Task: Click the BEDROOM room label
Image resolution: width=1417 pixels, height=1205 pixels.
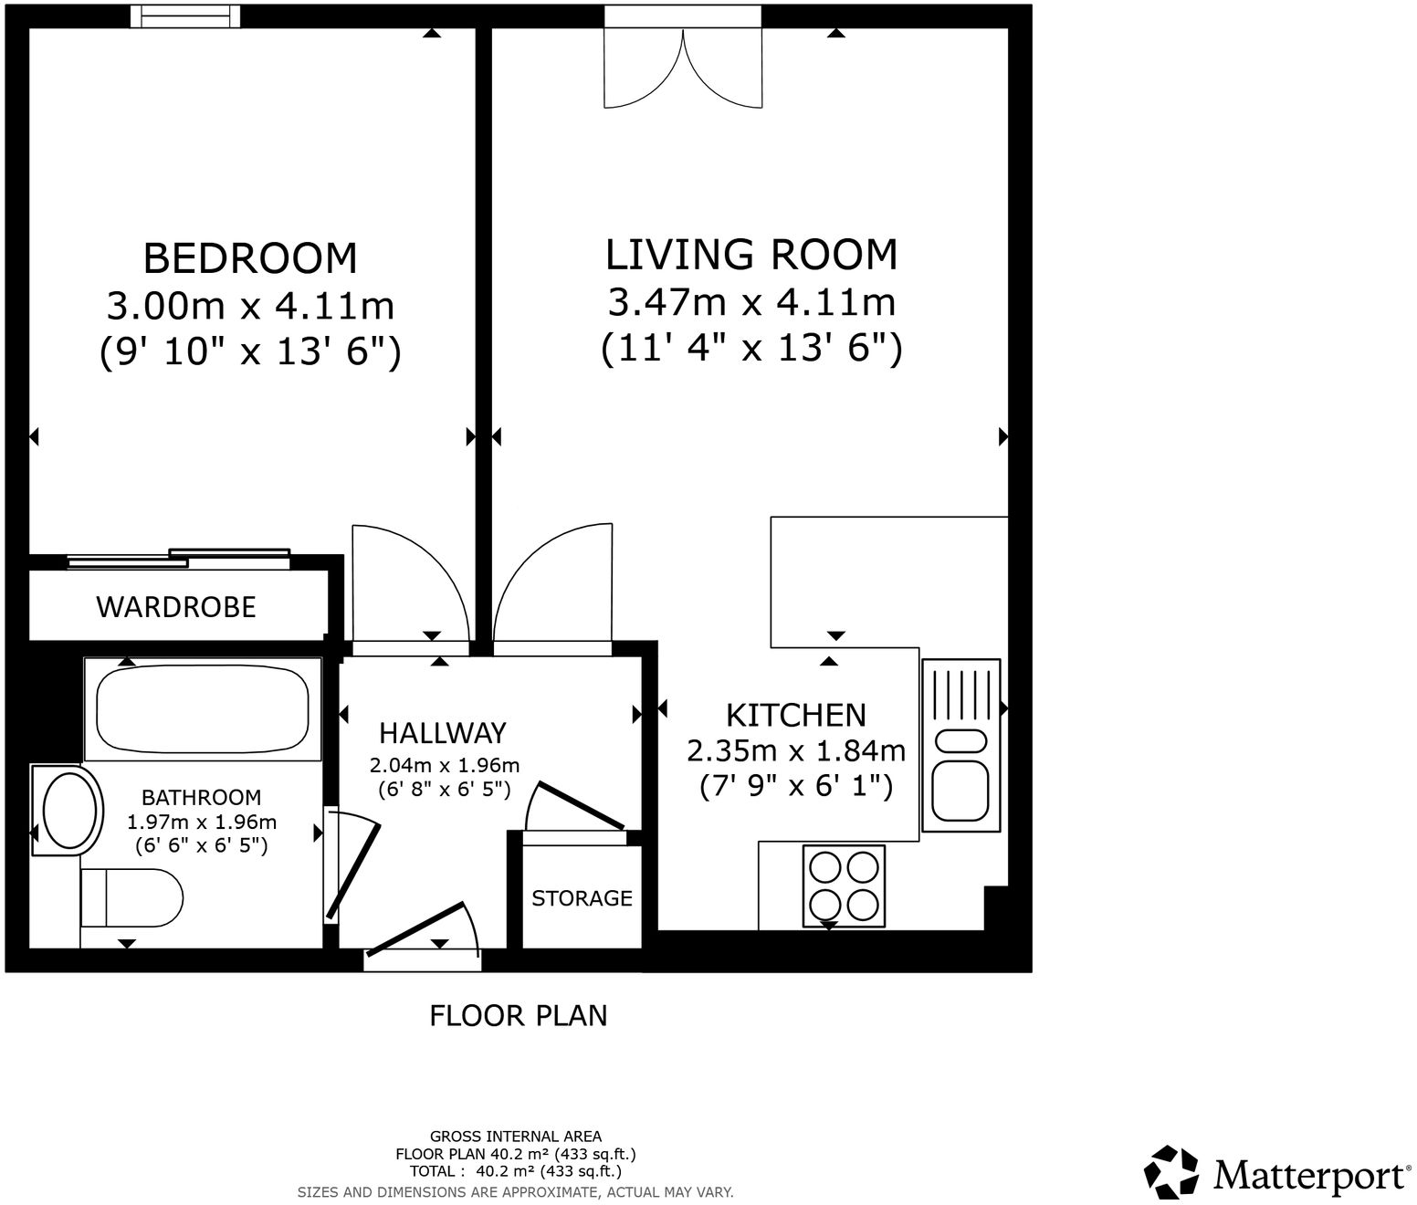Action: (250, 258)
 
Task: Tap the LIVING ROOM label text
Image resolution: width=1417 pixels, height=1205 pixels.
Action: (751, 255)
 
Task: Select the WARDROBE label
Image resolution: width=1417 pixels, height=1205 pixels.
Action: (176, 607)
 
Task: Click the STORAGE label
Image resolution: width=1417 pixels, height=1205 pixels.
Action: (582, 898)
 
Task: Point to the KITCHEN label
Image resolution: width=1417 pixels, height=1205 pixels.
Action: (795, 714)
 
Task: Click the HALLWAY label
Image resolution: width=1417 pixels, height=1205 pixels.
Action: (442, 733)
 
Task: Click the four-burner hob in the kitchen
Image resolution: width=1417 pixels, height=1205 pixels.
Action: (844, 885)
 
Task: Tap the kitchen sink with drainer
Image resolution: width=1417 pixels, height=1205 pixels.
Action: (960, 745)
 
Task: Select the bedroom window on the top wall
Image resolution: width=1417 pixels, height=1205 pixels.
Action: (185, 16)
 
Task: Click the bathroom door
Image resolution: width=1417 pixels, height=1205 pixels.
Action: (352, 867)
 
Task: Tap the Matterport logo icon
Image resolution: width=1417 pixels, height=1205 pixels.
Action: (1171, 1171)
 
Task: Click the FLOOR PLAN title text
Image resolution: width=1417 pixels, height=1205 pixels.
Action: (518, 1015)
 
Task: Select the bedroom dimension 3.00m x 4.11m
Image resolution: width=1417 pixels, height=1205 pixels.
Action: (250, 306)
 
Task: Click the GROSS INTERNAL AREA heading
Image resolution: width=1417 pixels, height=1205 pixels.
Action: (516, 1137)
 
